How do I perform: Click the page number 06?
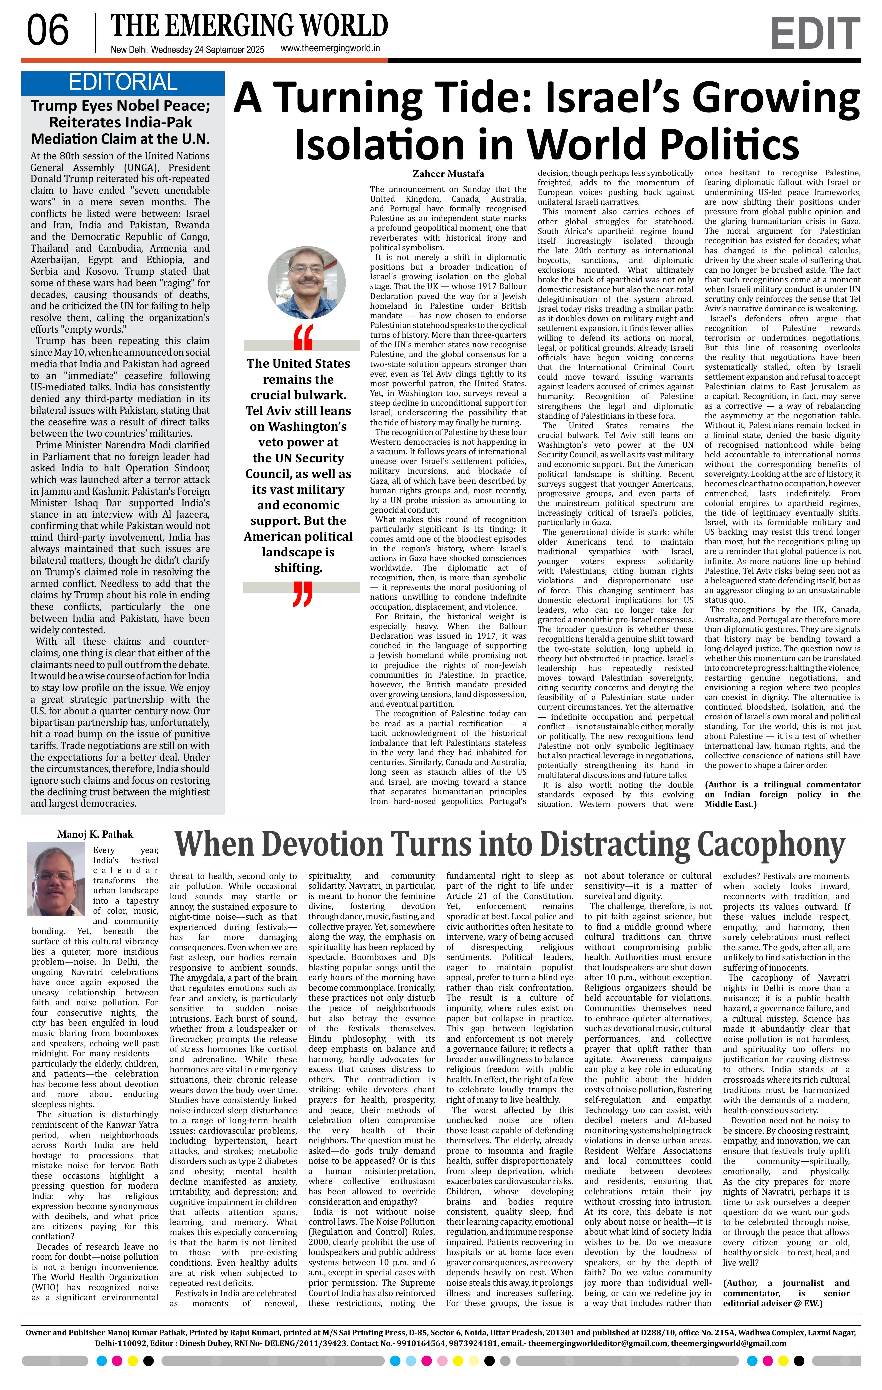(x=47, y=31)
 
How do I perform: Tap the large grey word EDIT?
(x=815, y=34)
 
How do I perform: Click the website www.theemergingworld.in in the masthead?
(x=330, y=49)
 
